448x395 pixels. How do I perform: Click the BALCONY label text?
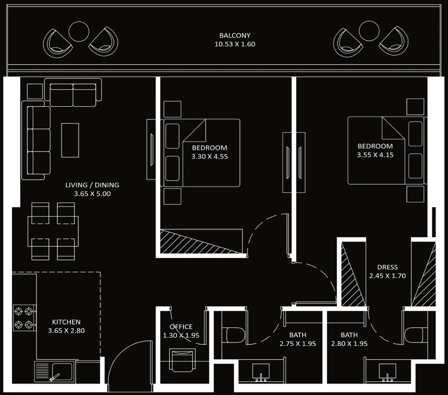(x=235, y=35)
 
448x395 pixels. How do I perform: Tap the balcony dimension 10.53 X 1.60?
(x=235, y=44)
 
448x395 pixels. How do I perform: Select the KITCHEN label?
(x=66, y=322)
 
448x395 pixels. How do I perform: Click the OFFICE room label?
(x=181, y=326)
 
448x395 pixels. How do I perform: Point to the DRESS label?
(x=388, y=267)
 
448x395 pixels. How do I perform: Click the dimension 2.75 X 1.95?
(x=298, y=343)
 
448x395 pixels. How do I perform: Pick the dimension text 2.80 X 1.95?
(x=349, y=343)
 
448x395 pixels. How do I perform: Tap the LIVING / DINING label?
(x=92, y=185)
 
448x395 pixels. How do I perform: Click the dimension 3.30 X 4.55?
(x=209, y=157)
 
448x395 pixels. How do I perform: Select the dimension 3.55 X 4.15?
(x=375, y=155)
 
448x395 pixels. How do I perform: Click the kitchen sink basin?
(x=62, y=372)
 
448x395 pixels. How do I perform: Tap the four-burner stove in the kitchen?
(x=25, y=318)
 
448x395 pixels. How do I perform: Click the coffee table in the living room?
(x=70, y=140)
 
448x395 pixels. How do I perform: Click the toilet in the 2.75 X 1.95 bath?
(x=235, y=335)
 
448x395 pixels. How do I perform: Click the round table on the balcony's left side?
(x=79, y=32)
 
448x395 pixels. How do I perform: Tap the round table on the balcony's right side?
(x=369, y=31)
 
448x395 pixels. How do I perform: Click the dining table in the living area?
(x=53, y=231)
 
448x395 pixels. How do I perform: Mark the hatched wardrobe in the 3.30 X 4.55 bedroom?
(x=201, y=241)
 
